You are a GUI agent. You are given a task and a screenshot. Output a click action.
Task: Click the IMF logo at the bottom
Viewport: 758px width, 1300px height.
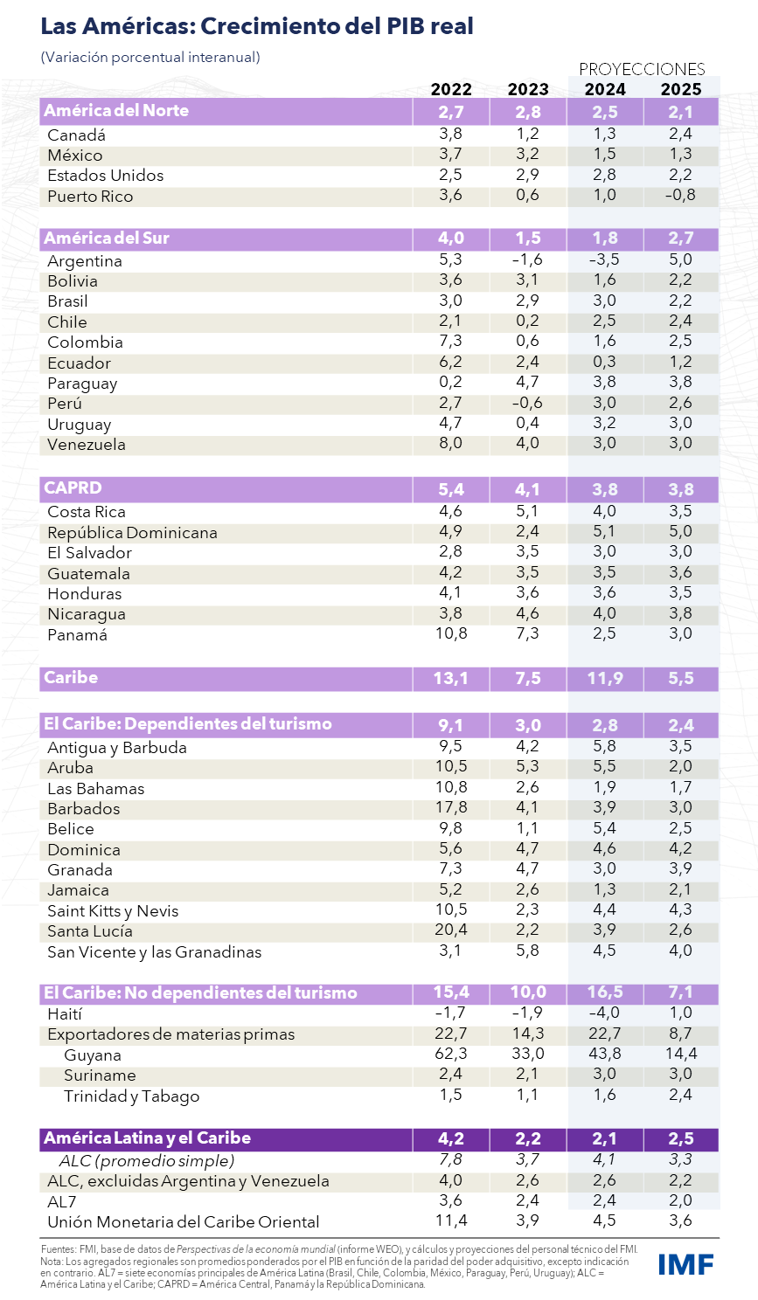coord(686,1264)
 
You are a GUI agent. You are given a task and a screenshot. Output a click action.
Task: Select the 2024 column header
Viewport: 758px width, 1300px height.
coord(605,89)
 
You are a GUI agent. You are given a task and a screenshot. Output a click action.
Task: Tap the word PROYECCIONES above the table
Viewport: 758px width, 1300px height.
coord(642,69)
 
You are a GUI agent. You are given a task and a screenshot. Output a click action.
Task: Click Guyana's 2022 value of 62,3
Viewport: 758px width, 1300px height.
coord(451,1054)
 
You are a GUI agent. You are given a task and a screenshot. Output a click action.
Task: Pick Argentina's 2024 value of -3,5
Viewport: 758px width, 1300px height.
coord(604,259)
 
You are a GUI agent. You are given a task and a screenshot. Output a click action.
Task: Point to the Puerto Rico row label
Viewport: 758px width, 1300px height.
coord(90,197)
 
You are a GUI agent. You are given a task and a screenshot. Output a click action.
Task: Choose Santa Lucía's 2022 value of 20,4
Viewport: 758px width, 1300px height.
coord(451,930)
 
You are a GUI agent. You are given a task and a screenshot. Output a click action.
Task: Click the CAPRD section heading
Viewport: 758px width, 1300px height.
coord(73,487)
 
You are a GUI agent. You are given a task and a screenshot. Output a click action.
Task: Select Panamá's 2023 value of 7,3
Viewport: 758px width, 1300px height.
coord(527,633)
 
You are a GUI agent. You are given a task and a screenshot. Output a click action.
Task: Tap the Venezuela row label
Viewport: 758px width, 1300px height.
coord(87,445)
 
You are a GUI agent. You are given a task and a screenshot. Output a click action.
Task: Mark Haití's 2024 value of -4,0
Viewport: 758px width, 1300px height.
coord(604,1013)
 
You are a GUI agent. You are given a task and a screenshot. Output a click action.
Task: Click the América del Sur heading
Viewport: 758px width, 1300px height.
coord(107,238)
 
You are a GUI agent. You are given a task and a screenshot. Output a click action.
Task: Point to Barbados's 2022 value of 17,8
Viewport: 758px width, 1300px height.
coord(451,807)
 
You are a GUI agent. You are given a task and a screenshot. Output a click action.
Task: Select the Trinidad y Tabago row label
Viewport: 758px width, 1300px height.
coord(132,1096)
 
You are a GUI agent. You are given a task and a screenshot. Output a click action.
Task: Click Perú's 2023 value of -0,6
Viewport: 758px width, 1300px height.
coord(527,403)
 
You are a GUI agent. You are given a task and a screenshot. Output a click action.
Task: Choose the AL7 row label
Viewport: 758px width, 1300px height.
coord(61,1202)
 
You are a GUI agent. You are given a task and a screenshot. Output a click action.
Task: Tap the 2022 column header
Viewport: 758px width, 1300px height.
coord(451,89)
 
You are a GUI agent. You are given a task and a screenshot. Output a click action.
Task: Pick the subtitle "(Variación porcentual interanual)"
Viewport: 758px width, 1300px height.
coord(150,58)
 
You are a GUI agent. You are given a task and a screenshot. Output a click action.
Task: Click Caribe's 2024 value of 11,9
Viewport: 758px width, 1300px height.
coord(605,678)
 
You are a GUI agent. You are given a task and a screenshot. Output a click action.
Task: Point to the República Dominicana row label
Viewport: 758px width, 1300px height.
coord(132,533)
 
